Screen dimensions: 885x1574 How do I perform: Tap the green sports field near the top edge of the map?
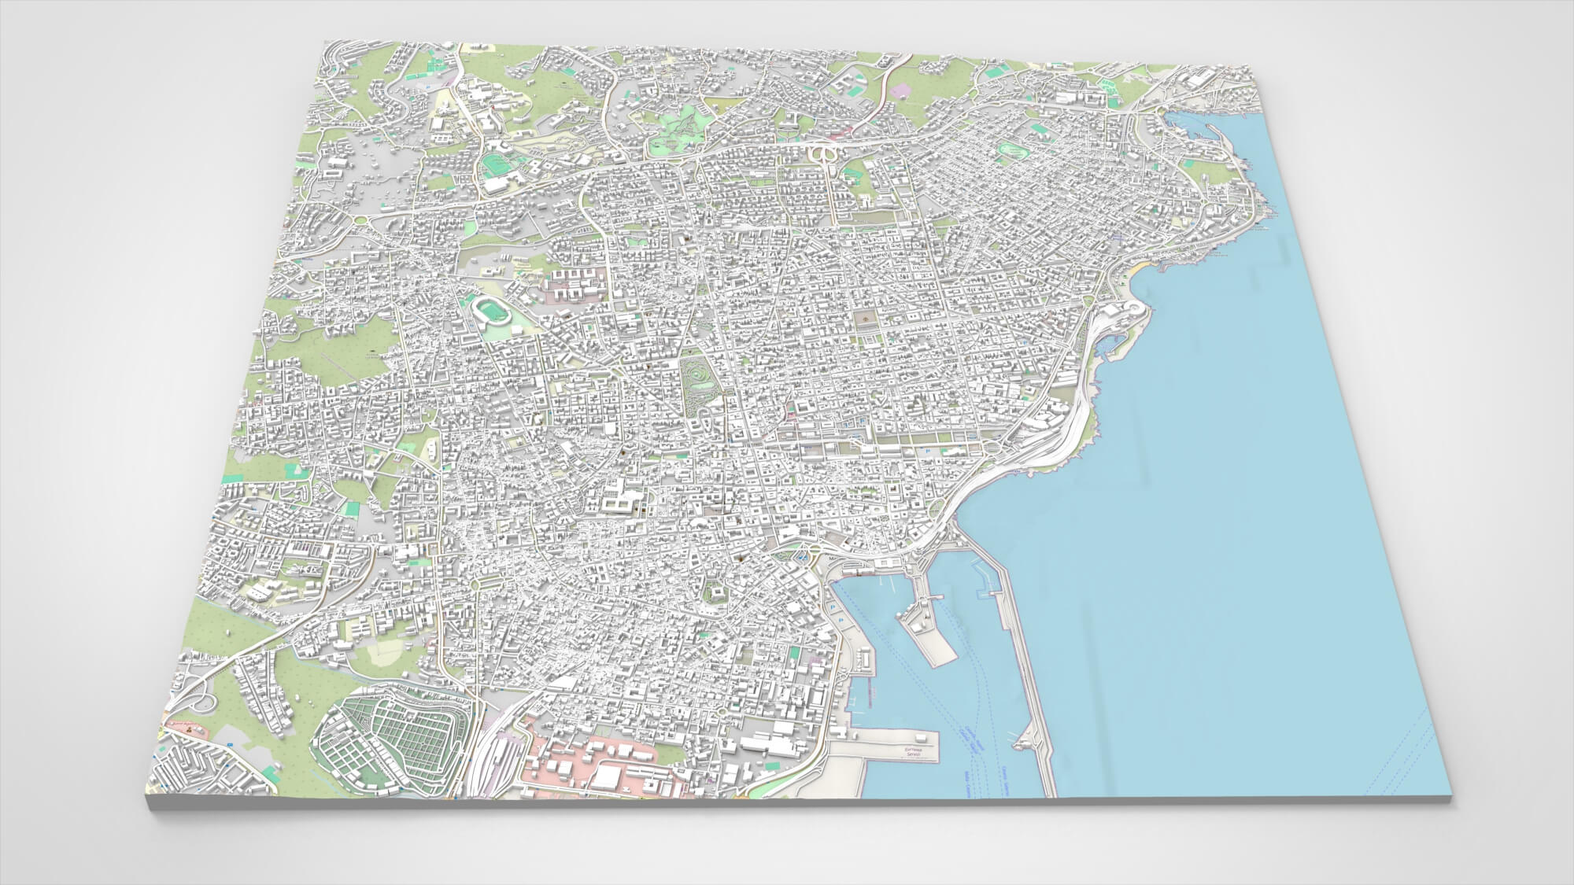[494, 165]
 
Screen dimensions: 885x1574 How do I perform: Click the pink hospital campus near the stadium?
[571, 283]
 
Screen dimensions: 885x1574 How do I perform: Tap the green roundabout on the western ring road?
[363, 221]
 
